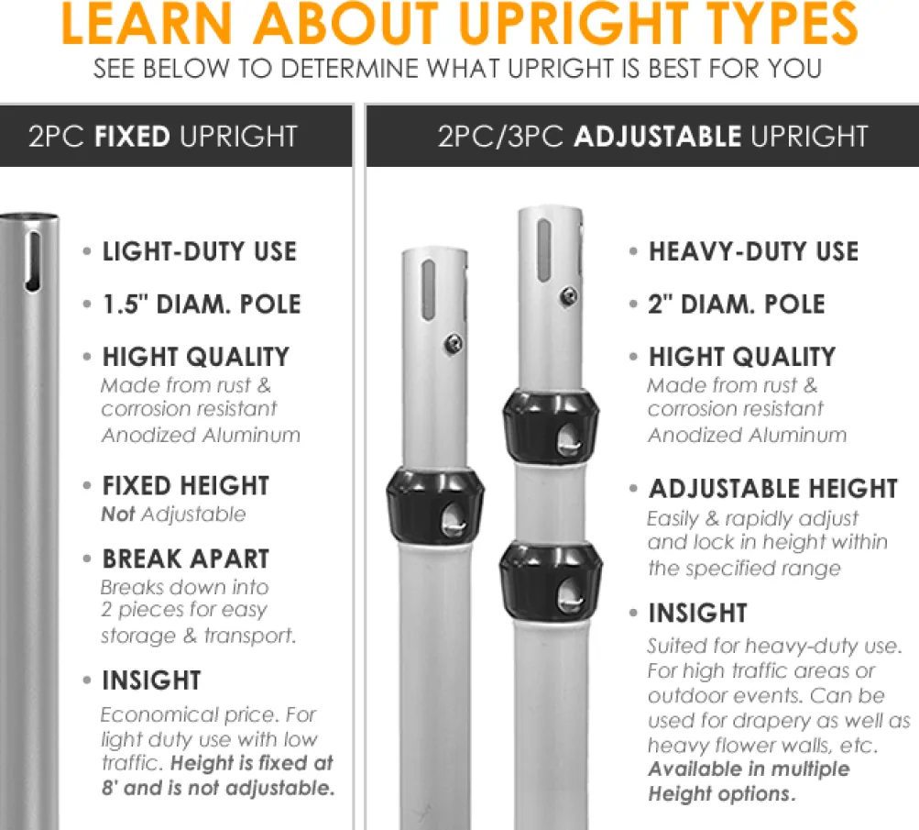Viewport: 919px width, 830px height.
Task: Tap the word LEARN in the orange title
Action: pyautogui.click(x=147, y=24)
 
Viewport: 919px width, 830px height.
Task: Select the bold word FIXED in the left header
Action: pyautogui.click(x=133, y=137)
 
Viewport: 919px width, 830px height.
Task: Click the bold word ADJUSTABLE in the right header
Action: pyautogui.click(x=658, y=137)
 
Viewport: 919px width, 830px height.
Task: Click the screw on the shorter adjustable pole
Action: pyautogui.click(x=453, y=344)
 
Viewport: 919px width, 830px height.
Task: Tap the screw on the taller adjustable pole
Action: pyautogui.click(x=568, y=296)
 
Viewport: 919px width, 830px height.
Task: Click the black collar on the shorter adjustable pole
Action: pyautogui.click(x=435, y=505)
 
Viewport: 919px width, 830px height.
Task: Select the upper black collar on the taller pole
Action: pyautogui.click(x=551, y=426)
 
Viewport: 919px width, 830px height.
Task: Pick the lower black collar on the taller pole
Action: pyautogui.click(x=551, y=581)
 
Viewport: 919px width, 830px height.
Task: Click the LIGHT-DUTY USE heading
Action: pyautogui.click(x=199, y=251)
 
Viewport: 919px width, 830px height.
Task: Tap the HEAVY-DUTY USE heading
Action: pyautogui.click(x=754, y=251)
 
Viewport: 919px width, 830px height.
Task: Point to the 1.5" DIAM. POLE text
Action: pyautogui.click(x=202, y=304)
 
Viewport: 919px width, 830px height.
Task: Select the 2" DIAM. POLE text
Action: pyautogui.click(x=737, y=304)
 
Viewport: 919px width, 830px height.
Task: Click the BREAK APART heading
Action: pyautogui.click(x=186, y=559)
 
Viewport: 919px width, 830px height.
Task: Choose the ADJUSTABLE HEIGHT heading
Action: pyautogui.click(x=773, y=489)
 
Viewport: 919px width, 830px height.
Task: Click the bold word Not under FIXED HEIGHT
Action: pyautogui.click(x=118, y=515)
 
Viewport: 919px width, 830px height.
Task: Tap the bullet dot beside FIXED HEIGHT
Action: pyautogui.click(x=87, y=486)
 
